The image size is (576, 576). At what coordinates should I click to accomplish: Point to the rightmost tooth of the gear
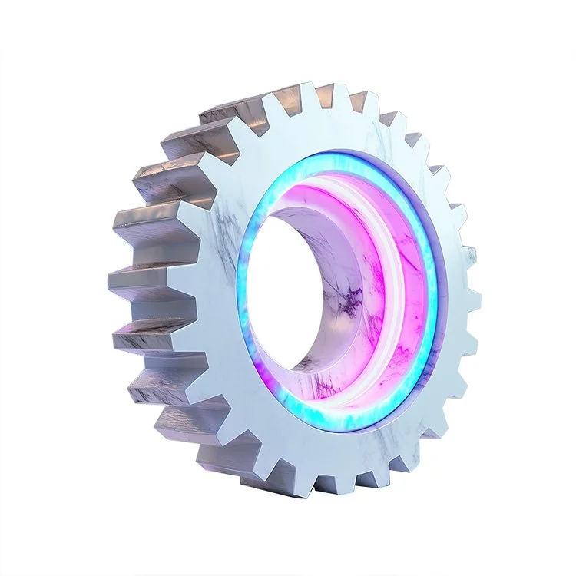coord(474,300)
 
